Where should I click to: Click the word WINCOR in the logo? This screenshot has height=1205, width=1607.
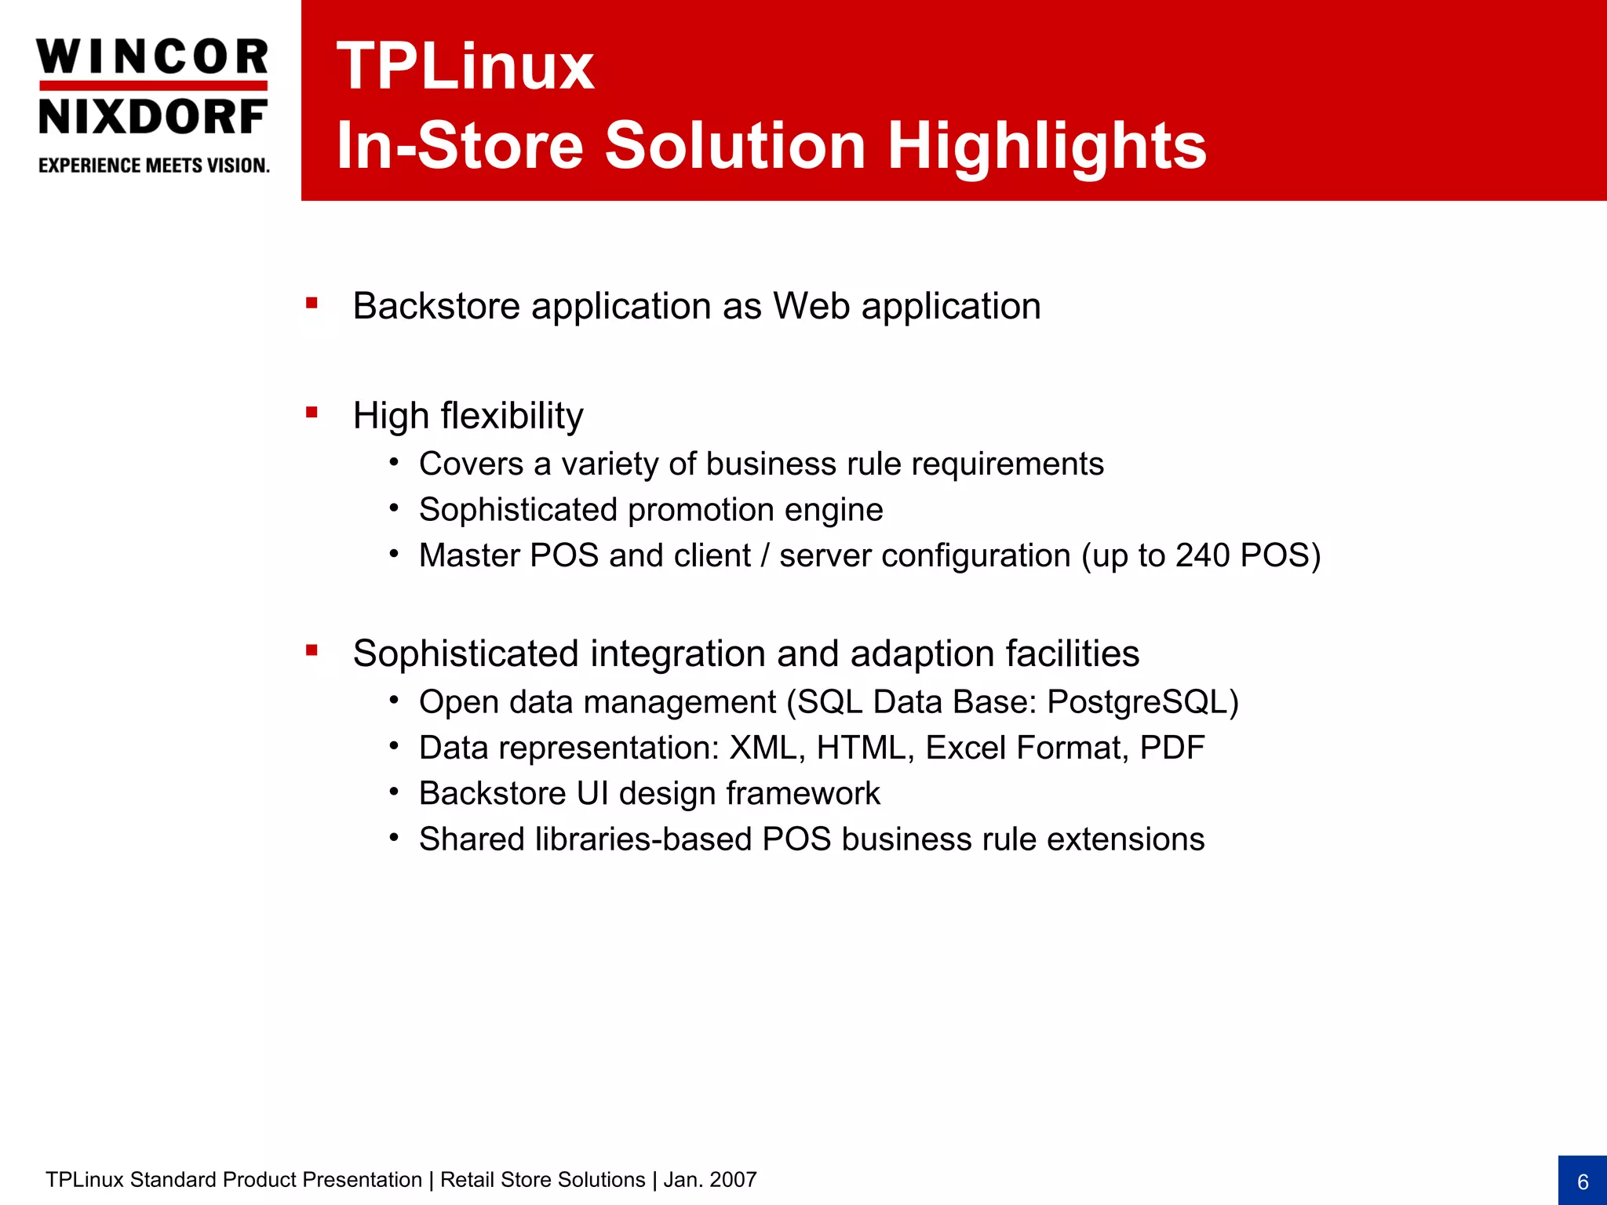[152, 57]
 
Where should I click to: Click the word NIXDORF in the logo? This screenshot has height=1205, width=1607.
[152, 118]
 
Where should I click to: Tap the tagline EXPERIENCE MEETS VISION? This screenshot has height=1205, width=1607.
[154, 166]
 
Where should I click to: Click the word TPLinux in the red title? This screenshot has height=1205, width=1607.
[465, 67]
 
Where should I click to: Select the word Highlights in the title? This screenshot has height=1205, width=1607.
[1047, 146]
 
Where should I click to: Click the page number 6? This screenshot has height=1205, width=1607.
[1583, 1182]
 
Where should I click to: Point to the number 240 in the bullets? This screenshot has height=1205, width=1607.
[1202, 555]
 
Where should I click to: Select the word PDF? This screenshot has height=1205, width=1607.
[1172, 748]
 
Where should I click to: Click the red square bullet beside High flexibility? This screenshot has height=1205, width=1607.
[312, 413]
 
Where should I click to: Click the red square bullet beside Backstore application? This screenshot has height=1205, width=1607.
[312, 303]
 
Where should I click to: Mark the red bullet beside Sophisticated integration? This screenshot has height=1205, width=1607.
[312, 650]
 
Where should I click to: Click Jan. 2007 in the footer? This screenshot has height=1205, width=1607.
[710, 1180]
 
